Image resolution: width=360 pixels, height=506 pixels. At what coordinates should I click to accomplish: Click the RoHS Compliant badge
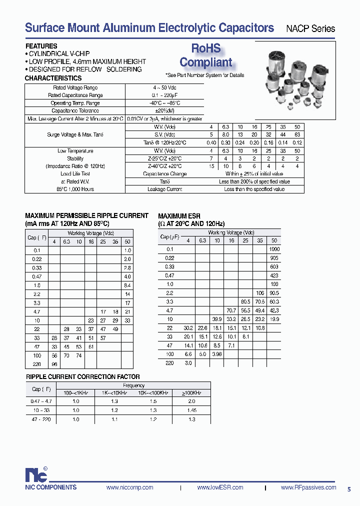tap(205, 55)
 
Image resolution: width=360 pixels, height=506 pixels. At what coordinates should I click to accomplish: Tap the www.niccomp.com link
tap(126, 487)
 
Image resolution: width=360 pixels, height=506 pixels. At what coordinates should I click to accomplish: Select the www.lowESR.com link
tap(220, 487)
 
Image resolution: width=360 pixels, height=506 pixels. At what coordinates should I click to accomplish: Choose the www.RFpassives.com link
tap(308, 487)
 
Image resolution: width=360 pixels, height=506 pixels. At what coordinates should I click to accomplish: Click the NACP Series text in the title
tap(310, 28)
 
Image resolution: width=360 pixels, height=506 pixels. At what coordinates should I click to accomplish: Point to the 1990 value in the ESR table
tap(274, 249)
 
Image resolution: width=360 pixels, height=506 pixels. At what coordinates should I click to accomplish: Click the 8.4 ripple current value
tap(127, 285)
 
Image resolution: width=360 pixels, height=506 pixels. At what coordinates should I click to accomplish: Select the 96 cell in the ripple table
tap(54, 364)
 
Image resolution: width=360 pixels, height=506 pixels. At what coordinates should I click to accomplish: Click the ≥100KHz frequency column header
tap(191, 393)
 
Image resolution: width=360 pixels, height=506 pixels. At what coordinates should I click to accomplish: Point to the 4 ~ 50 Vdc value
tap(164, 87)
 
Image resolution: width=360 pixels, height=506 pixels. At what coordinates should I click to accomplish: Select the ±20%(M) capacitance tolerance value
tap(164, 110)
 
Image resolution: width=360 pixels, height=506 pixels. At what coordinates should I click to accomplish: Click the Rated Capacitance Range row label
tap(75, 95)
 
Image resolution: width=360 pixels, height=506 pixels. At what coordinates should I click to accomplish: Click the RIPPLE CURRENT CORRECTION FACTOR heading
tap(82, 376)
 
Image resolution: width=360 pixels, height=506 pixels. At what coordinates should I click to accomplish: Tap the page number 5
tap(348, 489)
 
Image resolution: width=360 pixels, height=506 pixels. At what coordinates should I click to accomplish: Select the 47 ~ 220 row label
tap(36, 419)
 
